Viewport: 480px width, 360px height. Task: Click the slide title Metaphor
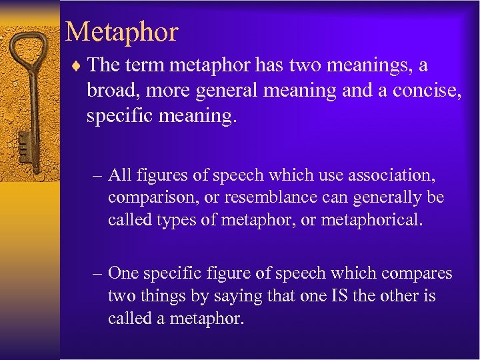click(122, 32)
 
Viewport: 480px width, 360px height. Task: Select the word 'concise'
click(405, 91)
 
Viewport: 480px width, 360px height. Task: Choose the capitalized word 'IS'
click(339, 295)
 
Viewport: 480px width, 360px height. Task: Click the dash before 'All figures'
click(97, 175)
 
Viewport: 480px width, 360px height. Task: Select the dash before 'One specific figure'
click(97, 273)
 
